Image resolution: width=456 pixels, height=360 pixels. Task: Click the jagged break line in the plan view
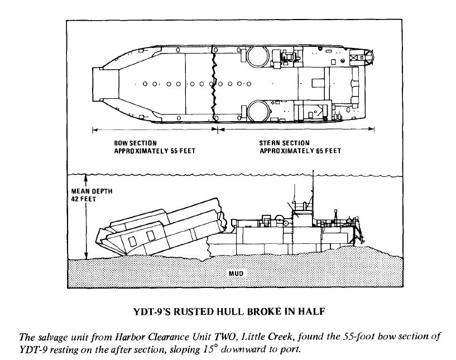click(x=213, y=84)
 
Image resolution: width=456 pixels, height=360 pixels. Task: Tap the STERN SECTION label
click(x=284, y=143)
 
